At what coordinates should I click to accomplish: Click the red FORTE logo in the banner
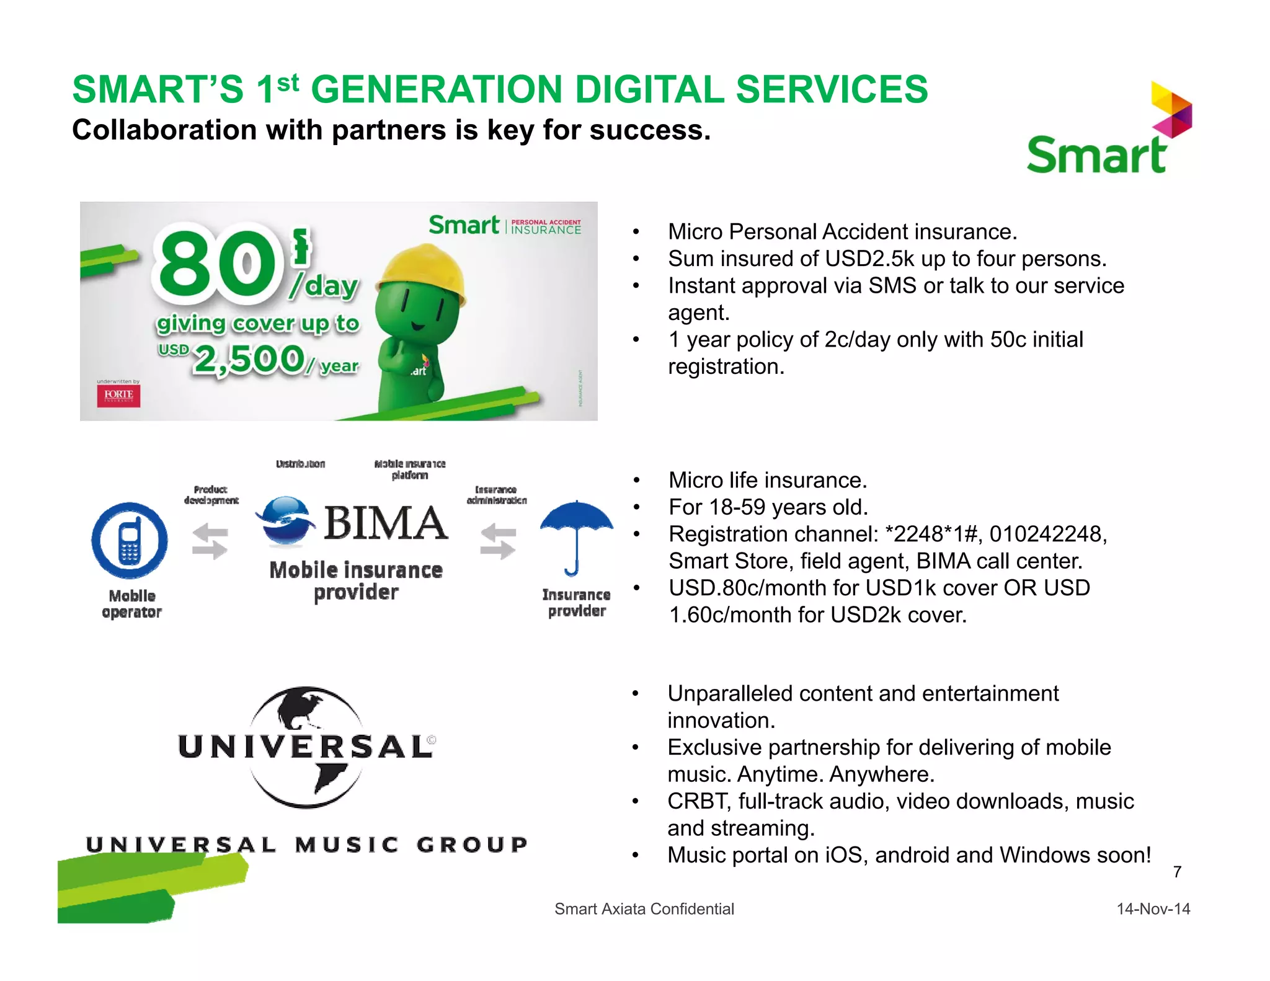coord(118,396)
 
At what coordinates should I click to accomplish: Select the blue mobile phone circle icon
coord(130,541)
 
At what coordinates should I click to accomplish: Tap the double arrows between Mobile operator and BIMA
coord(210,541)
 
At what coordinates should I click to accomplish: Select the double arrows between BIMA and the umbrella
coord(499,541)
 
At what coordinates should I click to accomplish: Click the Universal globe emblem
coord(306,747)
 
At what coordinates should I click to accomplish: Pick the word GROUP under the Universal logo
coord(472,845)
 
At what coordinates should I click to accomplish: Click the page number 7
coord(1177,872)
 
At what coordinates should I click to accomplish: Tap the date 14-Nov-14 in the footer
coord(1153,909)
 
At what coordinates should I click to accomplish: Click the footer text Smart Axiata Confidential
coord(644,909)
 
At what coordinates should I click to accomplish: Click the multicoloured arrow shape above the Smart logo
coord(1171,110)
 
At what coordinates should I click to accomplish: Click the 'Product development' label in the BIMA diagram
coord(211,495)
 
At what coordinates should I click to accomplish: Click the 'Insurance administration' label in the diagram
coord(496,495)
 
